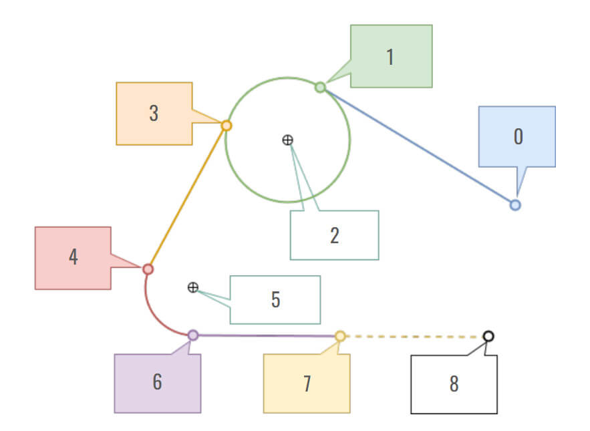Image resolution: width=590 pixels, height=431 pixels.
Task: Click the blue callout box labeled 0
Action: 517,136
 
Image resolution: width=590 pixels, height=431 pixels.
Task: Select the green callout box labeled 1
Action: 391,56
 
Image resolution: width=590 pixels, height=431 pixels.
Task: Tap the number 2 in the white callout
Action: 334,235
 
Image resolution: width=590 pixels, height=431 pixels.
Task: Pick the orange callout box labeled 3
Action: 154,113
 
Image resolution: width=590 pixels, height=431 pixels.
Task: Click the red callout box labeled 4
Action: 73,257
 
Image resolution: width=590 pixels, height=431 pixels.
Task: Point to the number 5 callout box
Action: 275,299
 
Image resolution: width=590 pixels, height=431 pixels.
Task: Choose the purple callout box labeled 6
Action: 157,383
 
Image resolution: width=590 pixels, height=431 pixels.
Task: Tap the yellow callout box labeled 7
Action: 307,384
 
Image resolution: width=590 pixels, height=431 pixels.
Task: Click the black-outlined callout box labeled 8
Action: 454,384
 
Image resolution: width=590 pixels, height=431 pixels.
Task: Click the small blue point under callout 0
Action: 515,205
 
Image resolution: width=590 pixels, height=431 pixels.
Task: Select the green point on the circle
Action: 320,87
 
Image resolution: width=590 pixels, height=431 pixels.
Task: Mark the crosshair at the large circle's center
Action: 287,140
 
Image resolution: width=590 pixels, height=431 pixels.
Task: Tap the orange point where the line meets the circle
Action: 227,126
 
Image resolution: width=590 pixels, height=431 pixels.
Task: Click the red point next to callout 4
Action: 148,269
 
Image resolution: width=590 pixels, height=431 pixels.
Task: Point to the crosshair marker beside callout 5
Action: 192,287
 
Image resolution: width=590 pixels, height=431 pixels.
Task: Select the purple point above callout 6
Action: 193,335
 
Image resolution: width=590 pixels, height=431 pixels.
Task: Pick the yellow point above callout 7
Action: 340,336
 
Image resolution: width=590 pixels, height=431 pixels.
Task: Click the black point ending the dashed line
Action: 488,336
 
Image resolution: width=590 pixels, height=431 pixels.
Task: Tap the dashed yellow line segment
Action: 414,336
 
